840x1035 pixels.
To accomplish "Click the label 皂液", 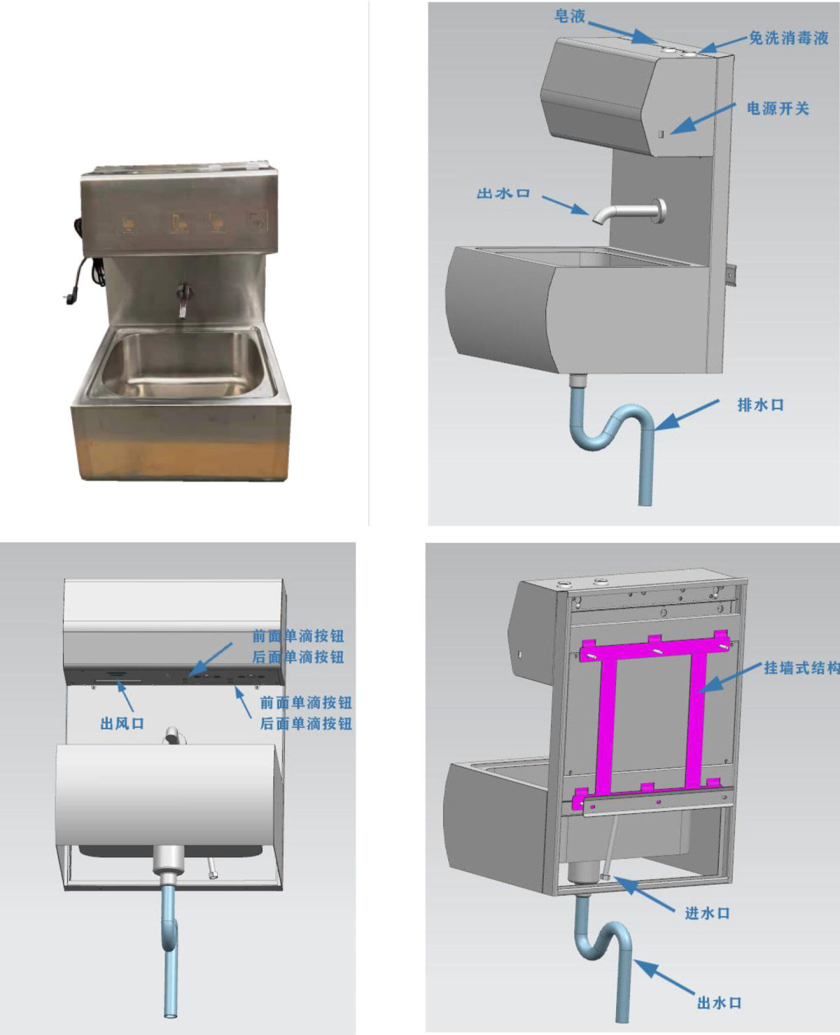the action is pos(570,16).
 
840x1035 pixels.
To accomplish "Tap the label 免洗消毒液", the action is pos(788,37).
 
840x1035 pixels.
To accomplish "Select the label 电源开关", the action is pos(778,108).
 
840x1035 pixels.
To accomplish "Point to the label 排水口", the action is pos(761,404).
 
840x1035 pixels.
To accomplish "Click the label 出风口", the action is pos(122,724).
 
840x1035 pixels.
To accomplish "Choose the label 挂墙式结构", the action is pos(801,668).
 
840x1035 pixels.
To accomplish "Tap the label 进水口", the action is pos(707,913).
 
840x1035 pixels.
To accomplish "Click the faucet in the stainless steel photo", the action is pos(183,299).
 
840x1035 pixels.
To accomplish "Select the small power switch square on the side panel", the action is pos(661,133).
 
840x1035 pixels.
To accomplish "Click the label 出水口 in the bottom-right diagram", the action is pos(720,1001).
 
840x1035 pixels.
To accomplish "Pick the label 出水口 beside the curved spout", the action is pos(503,193).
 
